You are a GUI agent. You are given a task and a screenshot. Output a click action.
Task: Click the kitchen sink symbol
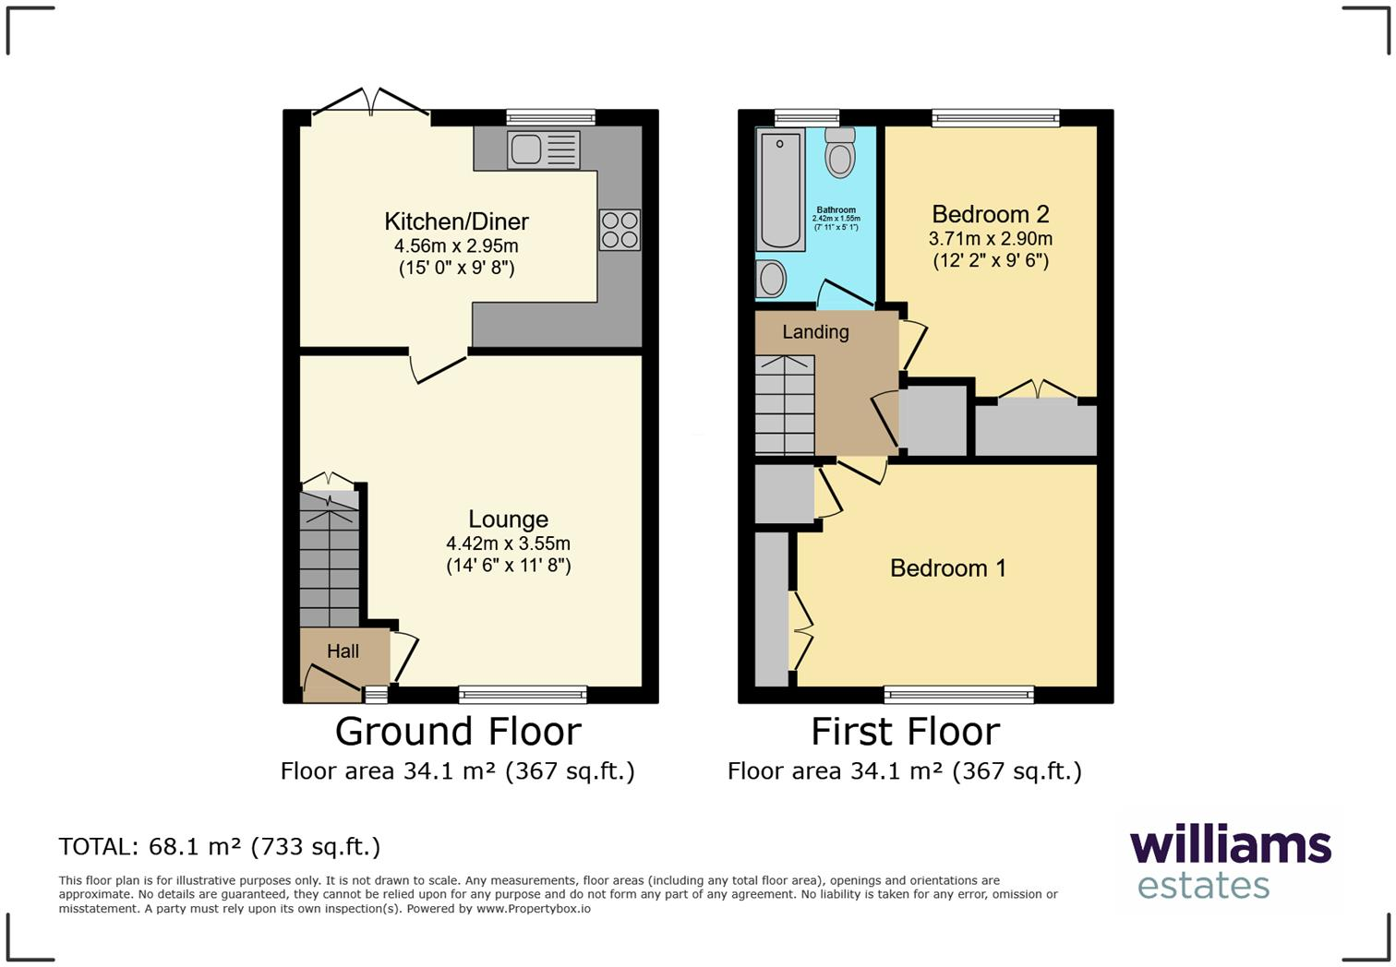(x=544, y=149)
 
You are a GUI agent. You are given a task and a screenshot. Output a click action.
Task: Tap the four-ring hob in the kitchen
(x=620, y=230)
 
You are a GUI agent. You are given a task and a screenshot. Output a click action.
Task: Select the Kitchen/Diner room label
(x=456, y=221)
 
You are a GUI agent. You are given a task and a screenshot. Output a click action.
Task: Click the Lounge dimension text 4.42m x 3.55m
(x=508, y=543)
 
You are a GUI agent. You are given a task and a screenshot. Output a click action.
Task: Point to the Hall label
(x=343, y=651)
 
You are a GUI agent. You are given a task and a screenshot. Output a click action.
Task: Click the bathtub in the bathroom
(x=780, y=189)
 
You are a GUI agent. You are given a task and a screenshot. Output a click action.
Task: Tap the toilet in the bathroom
(x=839, y=152)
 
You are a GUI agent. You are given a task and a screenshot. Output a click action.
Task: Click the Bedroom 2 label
(x=990, y=214)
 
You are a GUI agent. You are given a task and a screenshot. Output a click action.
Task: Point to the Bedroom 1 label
(x=947, y=567)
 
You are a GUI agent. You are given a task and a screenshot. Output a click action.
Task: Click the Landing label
(x=815, y=332)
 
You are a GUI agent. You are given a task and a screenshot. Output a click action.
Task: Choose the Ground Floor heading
(x=458, y=732)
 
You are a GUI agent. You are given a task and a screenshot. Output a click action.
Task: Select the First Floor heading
(x=905, y=732)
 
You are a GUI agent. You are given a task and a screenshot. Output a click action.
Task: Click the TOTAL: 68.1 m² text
(x=219, y=846)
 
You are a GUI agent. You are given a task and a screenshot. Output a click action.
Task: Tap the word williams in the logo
(x=1230, y=845)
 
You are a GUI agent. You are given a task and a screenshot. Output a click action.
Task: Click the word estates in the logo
(x=1203, y=885)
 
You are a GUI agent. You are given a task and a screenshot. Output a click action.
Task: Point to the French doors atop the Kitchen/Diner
(x=371, y=103)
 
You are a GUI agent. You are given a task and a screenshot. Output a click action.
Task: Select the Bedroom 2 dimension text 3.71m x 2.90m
(x=990, y=238)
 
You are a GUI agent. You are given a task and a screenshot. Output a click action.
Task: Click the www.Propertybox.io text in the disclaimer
(x=533, y=909)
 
